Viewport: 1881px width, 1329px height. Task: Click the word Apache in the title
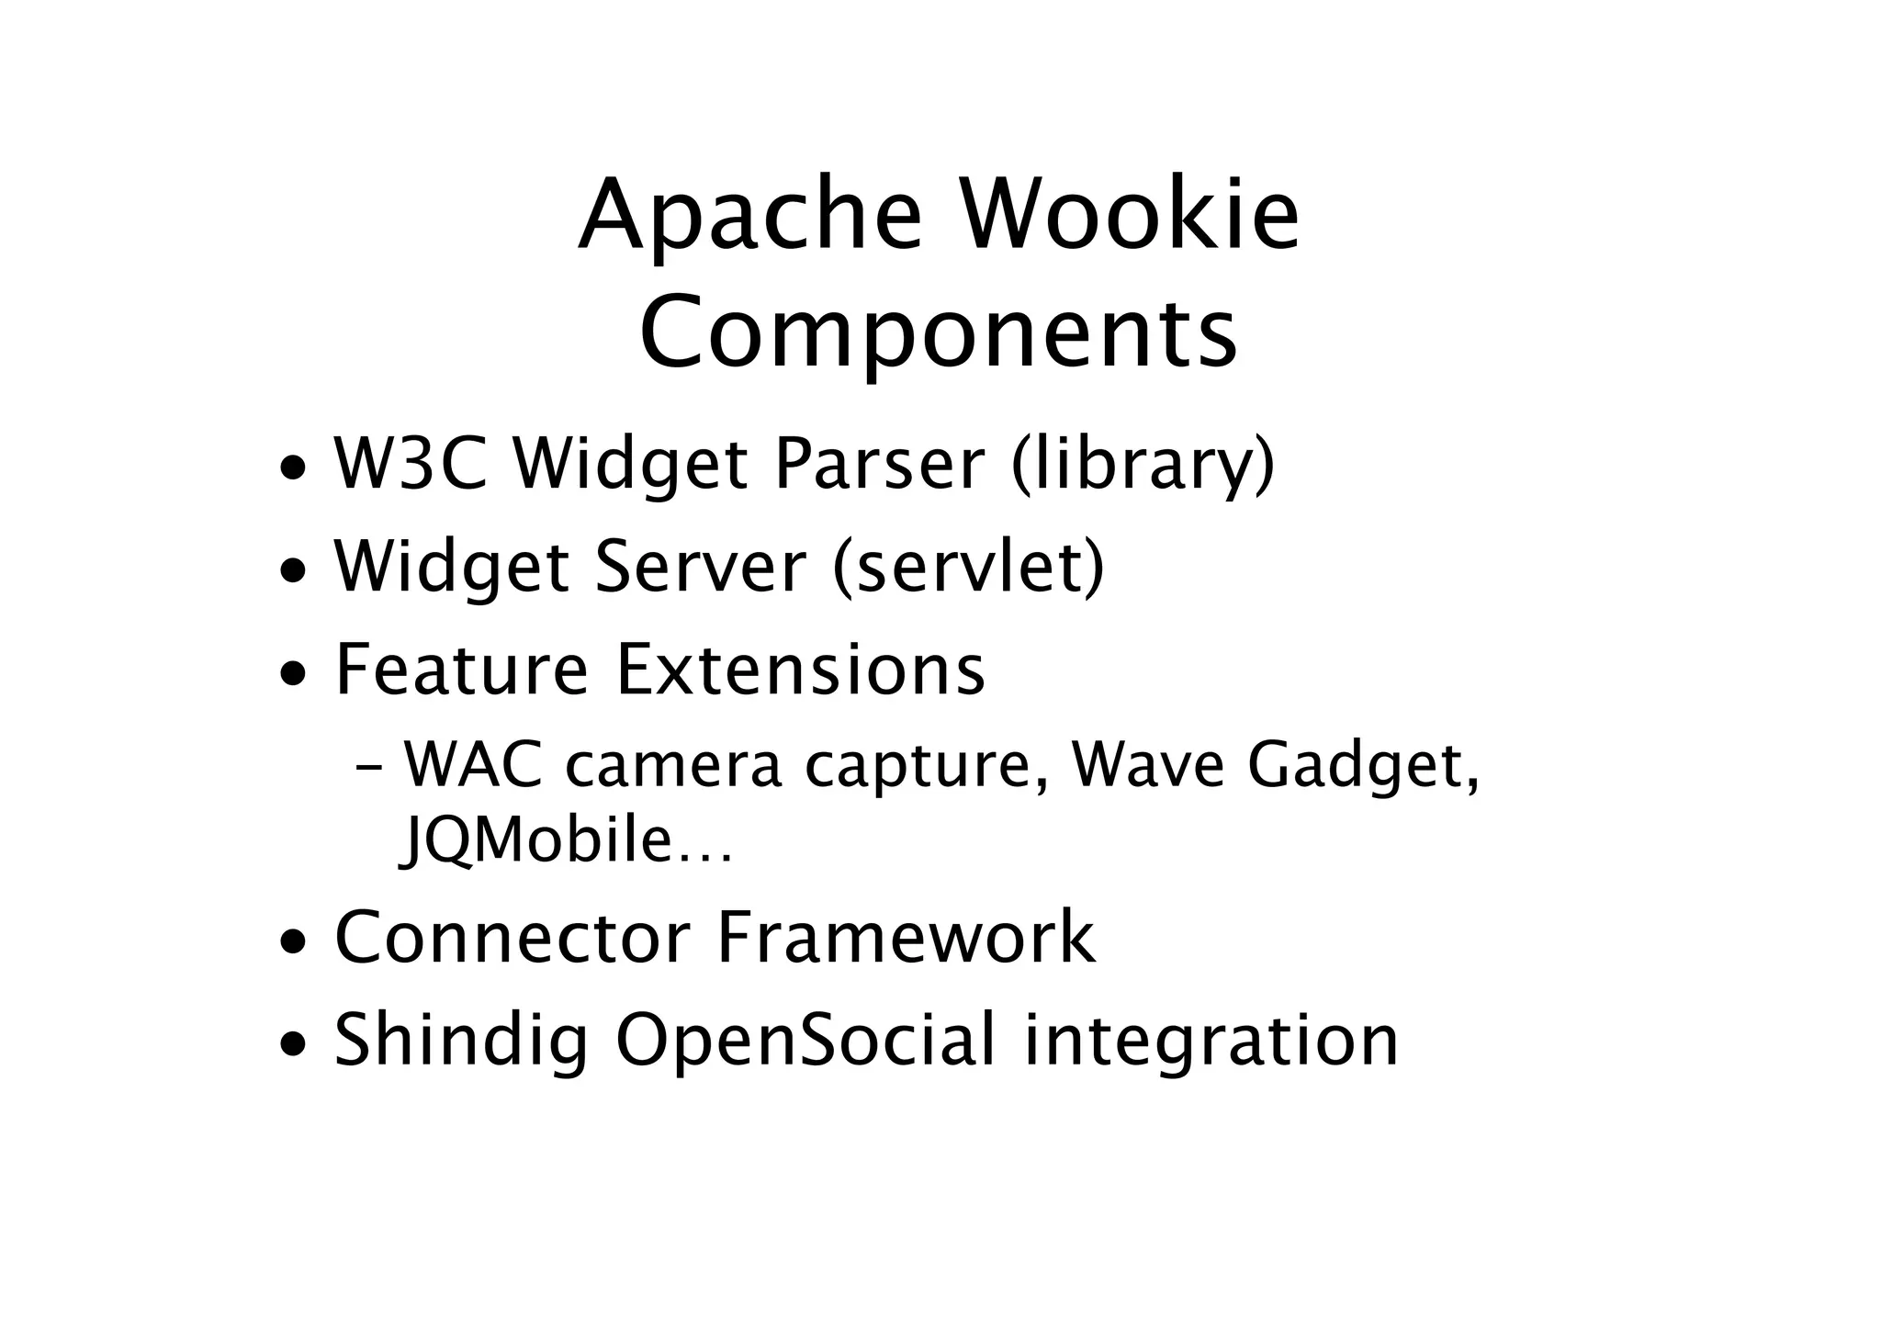749,218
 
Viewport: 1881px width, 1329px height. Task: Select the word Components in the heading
939,332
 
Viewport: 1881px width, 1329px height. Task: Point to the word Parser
880,464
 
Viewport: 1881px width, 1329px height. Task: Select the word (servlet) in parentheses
968,568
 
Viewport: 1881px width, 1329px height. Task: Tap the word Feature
461,670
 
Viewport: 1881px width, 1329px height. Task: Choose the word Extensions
800,670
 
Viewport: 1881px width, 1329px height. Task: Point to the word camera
673,766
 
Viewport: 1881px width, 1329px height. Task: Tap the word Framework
906,938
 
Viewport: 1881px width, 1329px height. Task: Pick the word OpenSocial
805,1041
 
